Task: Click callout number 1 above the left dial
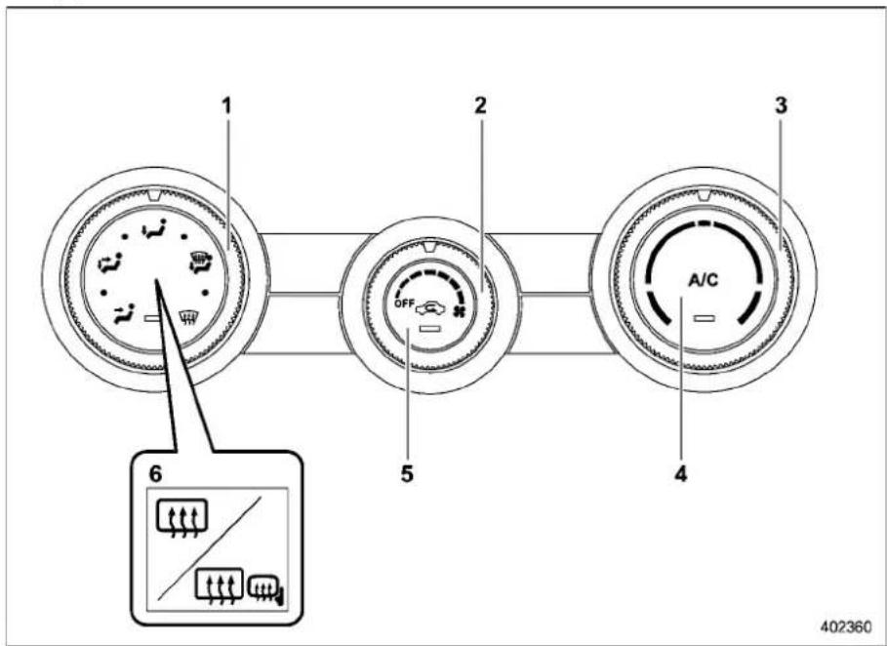coord(226,105)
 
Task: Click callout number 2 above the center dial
coord(480,105)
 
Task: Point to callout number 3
coord(782,105)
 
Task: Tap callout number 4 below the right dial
coord(680,473)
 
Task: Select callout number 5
coord(407,473)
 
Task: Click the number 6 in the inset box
coord(155,474)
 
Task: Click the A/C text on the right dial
coord(704,279)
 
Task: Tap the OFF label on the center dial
coord(404,303)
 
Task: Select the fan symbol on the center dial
coord(459,311)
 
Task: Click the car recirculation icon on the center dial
coord(431,308)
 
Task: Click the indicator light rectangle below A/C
coord(705,318)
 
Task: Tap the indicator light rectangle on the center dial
coord(430,329)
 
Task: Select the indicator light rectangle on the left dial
coord(153,318)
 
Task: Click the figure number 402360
coord(846,626)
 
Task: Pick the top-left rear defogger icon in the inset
coord(181,517)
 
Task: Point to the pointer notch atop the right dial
coord(704,195)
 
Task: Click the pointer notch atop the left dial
coord(154,195)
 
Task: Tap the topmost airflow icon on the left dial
coord(154,228)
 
